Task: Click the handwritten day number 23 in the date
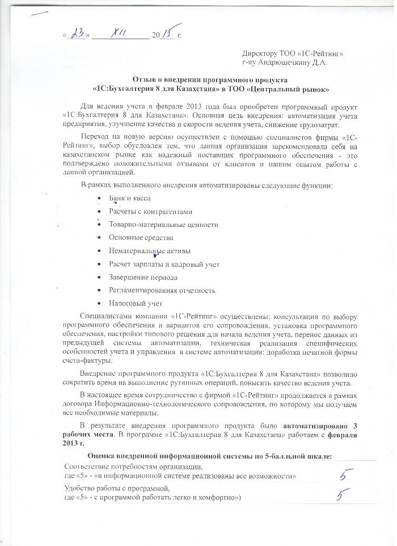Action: point(76,35)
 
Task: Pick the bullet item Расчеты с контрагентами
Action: point(150,212)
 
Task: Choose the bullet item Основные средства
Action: point(141,238)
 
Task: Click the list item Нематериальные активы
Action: point(150,251)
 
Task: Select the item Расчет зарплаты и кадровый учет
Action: point(164,264)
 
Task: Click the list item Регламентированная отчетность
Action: point(162,291)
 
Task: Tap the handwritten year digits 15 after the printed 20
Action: point(168,33)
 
